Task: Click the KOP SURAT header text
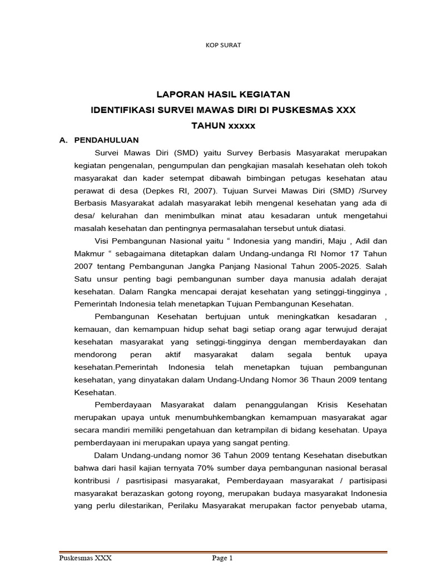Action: point(224,45)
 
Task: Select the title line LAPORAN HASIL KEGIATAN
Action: point(223,95)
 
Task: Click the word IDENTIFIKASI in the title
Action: point(121,110)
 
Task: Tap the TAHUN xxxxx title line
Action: point(223,126)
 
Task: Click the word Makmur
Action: point(90,253)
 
